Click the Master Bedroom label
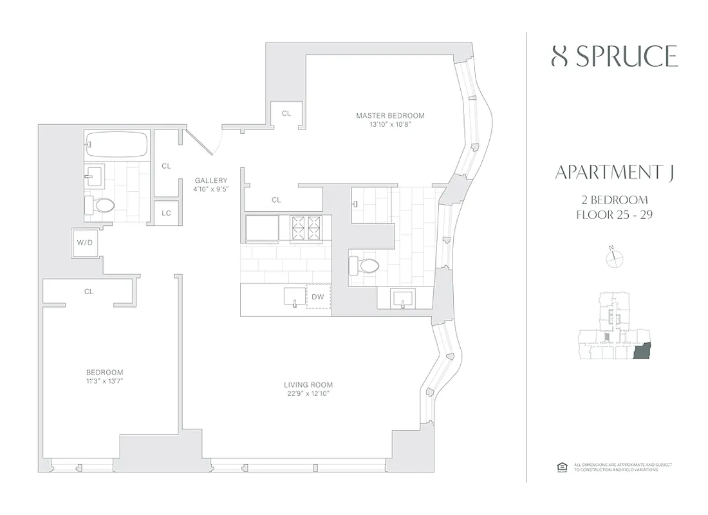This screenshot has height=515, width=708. pos(390,116)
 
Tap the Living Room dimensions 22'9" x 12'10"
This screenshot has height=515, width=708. pos(308,394)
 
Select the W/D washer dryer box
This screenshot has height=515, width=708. pos(85,243)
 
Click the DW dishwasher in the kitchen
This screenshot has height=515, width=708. pos(318,297)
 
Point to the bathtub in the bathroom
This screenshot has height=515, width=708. pos(116,144)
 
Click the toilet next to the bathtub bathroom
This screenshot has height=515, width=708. pos(100,205)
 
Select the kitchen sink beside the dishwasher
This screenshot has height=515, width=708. pos(295,297)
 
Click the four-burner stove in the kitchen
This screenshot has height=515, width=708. pos(306,227)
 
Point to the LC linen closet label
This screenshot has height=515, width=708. pos(166,213)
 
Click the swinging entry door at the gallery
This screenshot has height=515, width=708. pos(201,143)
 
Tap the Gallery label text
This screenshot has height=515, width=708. pos(211,181)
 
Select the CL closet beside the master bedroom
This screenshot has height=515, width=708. pos(286,113)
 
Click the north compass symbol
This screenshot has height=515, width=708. pos(615,257)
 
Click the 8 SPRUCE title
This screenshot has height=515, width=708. pos(615,57)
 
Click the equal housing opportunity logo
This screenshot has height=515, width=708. pos(560,467)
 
